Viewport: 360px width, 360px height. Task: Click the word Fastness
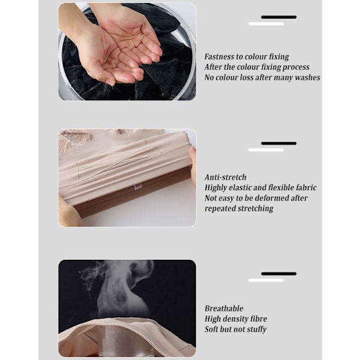point(219,56)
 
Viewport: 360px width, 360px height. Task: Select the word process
point(296,67)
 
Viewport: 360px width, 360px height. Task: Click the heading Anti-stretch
point(226,177)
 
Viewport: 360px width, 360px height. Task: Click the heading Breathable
point(224,308)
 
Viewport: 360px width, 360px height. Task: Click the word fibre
point(259,319)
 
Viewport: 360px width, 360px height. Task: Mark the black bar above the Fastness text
point(279,17)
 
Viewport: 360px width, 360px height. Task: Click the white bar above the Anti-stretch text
point(266,150)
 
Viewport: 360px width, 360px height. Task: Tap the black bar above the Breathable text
point(279,274)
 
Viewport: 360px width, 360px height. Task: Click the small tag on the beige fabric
point(138,186)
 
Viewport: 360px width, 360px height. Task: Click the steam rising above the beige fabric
point(119,289)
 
